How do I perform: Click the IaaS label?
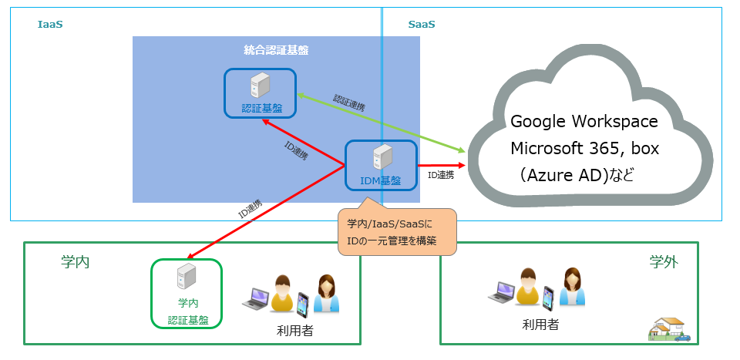click(50, 25)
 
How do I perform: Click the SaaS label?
click(421, 25)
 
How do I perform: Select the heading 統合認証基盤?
click(276, 51)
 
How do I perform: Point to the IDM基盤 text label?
click(381, 180)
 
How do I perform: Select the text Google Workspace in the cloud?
click(584, 122)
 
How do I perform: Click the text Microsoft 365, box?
click(584, 148)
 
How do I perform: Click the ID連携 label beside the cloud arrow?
click(440, 175)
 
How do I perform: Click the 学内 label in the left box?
click(76, 262)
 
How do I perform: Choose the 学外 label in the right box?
click(663, 262)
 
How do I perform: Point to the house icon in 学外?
click(668, 329)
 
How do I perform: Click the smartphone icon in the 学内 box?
click(302, 302)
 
